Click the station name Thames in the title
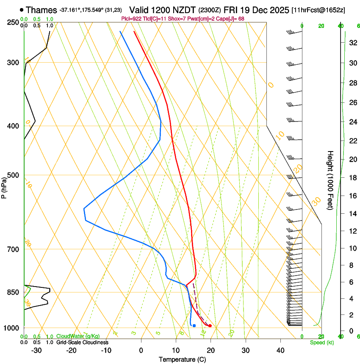(42, 9)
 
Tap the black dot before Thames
(22, 9)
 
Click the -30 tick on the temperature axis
(36, 350)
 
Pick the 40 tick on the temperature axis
(280, 350)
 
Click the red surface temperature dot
(210, 325)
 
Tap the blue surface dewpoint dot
(194, 325)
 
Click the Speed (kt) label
(322, 342)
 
